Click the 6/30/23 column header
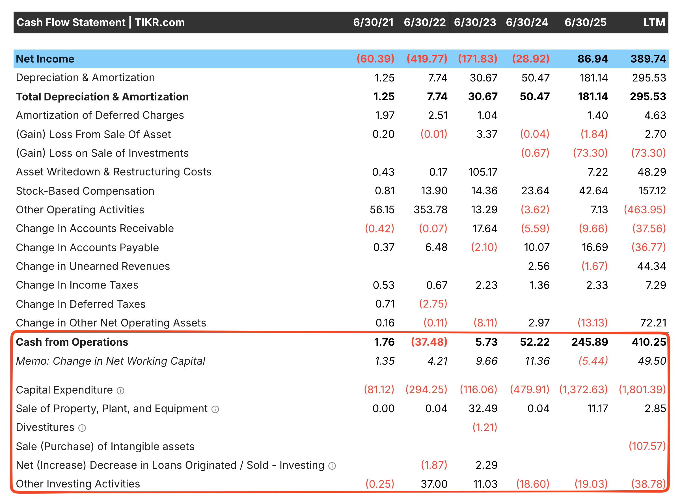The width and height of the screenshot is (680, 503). (x=475, y=22)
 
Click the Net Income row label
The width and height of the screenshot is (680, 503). (x=45, y=59)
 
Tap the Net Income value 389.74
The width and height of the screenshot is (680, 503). (x=648, y=59)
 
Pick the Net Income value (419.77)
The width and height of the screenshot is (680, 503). (x=427, y=59)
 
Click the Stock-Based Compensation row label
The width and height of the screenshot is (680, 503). (x=85, y=191)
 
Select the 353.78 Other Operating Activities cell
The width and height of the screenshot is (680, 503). (x=430, y=210)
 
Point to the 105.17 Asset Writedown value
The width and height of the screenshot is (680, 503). (x=483, y=172)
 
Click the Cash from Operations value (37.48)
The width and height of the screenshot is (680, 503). (x=429, y=342)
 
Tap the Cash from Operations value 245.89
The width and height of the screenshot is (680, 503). (x=589, y=342)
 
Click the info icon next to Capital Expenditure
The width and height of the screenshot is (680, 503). (x=121, y=391)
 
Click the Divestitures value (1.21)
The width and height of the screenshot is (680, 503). (x=485, y=427)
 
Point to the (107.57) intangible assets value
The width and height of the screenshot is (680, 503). (x=647, y=446)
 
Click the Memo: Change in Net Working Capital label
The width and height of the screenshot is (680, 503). (x=111, y=361)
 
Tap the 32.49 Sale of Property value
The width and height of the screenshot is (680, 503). (x=483, y=409)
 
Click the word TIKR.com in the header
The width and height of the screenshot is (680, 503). (x=160, y=22)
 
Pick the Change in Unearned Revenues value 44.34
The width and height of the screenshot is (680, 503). (x=651, y=266)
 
